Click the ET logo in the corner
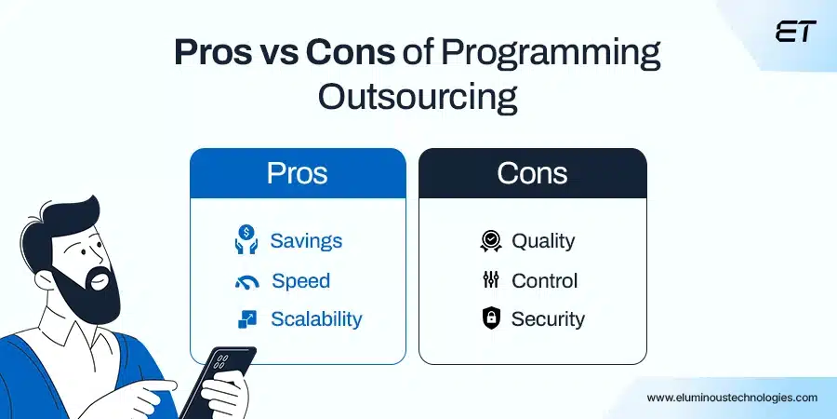794,31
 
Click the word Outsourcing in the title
418,96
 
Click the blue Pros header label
297,173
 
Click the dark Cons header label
532,173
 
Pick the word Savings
306,240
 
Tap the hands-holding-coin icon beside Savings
246,239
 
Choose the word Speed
300,280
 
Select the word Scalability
316,319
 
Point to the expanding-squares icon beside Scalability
246,319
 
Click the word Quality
543,241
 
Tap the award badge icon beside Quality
490,241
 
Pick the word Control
544,280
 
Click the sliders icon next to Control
490,280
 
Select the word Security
548,319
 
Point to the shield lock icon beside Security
490,319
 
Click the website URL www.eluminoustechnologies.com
732,397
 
